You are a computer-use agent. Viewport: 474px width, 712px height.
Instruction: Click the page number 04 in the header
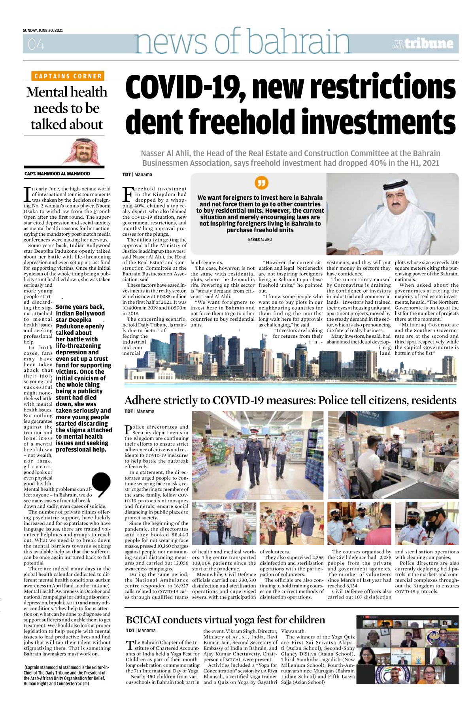(36, 44)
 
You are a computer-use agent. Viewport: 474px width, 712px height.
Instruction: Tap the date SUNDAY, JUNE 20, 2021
(43, 30)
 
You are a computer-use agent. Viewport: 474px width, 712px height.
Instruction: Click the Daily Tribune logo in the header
(423, 44)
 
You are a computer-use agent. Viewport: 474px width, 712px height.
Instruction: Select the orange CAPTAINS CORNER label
(68, 76)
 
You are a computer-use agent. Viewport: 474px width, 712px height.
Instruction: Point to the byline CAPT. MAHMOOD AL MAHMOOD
(57, 174)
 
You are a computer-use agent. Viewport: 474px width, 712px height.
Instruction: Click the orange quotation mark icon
(261, 183)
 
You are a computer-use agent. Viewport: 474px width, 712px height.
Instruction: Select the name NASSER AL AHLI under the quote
(260, 239)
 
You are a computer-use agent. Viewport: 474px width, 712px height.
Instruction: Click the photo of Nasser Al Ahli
(393, 215)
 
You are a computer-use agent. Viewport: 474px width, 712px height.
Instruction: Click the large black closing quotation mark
(101, 484)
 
